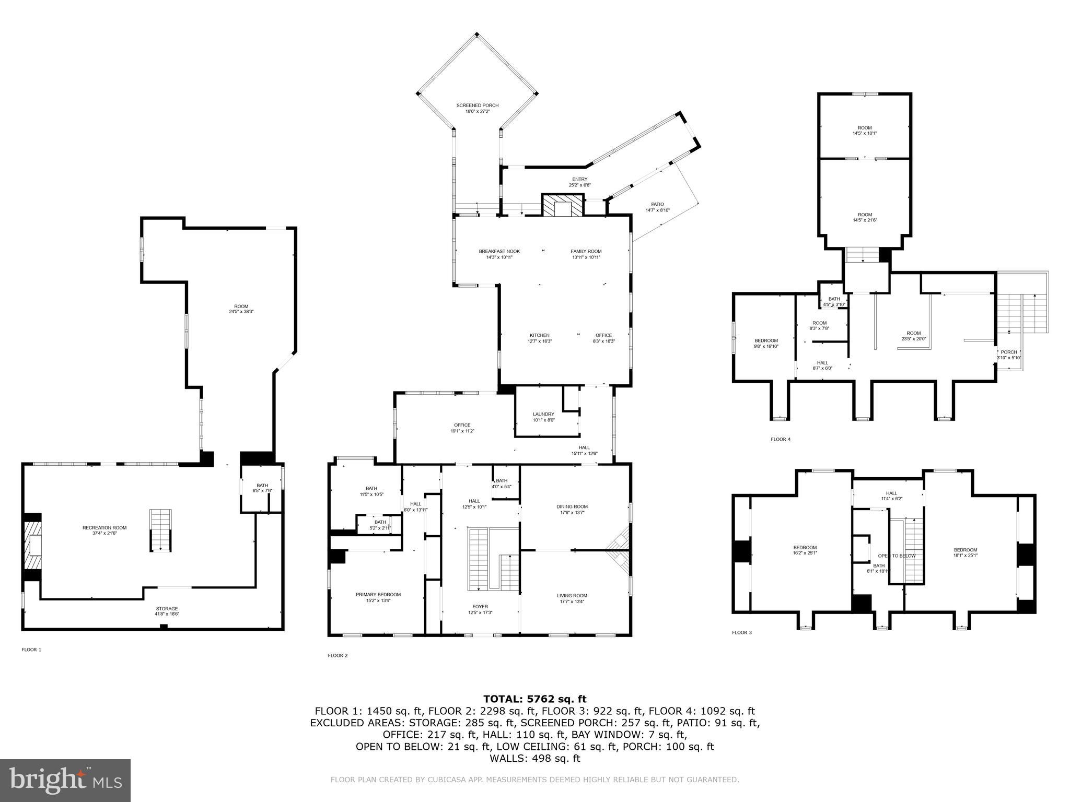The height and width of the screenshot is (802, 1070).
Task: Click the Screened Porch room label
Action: (x=477, y=108)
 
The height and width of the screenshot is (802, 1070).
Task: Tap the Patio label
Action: (x=657, y=207)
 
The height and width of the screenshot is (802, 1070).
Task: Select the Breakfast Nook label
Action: (x=499, y=254)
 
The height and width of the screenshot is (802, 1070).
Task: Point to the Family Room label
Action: (x=586, y=254)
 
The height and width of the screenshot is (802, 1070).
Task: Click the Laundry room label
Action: (x=543, y=417)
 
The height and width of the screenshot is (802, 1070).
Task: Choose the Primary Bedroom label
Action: (x=378, y=597)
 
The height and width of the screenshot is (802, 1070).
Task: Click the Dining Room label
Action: (x=572, y=509)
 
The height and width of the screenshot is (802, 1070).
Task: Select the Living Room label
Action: (x=572, y=598)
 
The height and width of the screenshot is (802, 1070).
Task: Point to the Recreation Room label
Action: (x=104, y=530)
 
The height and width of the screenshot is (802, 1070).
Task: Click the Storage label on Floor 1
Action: (x=167, y=611)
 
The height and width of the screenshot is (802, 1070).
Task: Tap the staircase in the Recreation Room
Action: (x=160, y=530)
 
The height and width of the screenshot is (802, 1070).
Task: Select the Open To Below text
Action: (x=897, y=556)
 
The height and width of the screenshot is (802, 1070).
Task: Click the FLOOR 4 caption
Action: (x=781, y=439)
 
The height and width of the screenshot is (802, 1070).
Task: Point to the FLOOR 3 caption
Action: (x=741, y=632)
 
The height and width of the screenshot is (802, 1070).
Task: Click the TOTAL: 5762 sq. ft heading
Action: (x=534, y=699)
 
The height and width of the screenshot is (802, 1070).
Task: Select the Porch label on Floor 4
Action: (x=1008, y=355)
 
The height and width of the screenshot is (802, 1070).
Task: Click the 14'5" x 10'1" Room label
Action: (x=865, y=131)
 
